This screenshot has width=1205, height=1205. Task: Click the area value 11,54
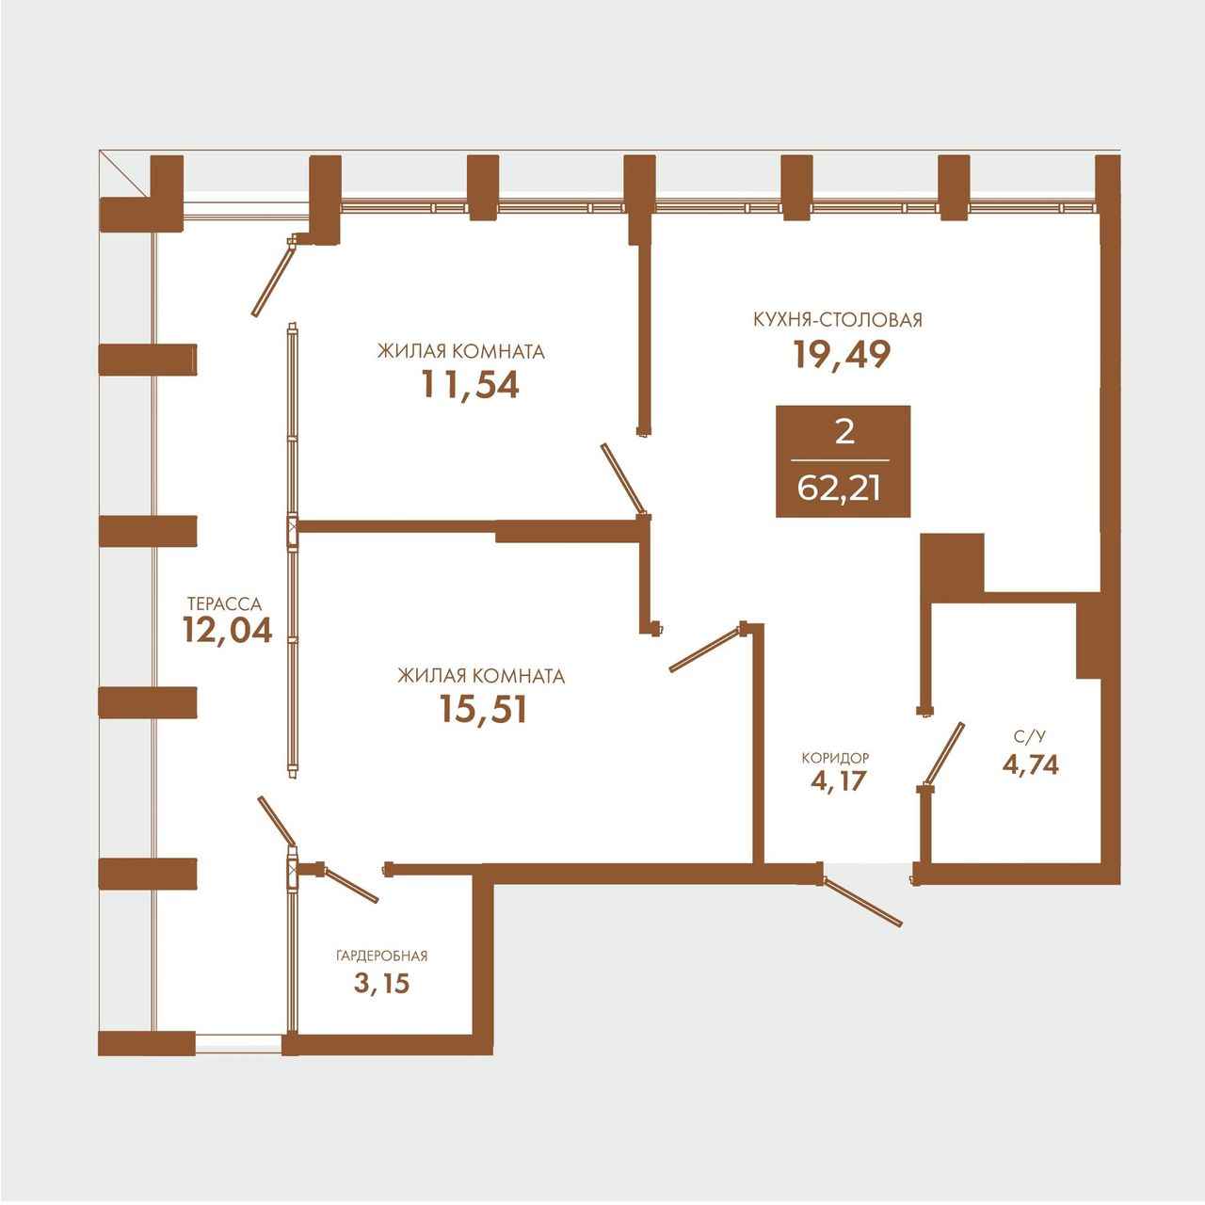click(471, 385)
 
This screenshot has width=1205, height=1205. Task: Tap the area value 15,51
click(483, 710)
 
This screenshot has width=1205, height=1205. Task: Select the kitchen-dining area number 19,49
click(841, 355)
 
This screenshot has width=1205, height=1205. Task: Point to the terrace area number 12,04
click(228, 630)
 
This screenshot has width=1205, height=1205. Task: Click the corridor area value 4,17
click(838, 781)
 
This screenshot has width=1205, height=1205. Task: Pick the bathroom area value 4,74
click(1030, 764)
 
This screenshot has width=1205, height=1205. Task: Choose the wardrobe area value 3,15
click(381, 984)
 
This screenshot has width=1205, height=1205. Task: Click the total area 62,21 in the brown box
click(839, 489)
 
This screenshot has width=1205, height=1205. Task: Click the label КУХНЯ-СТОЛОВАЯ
click(838, 320)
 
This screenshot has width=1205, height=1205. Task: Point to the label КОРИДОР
click(835, 758)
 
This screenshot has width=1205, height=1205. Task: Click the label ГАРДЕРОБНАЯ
click(382, 956)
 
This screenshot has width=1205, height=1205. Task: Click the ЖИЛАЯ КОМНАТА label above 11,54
click(461, 351)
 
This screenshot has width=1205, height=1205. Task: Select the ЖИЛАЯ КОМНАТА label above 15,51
click(481, 676)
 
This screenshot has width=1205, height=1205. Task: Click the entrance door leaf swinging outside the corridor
click(862, 901)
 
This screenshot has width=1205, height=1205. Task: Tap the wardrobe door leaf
click(350, 884)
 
